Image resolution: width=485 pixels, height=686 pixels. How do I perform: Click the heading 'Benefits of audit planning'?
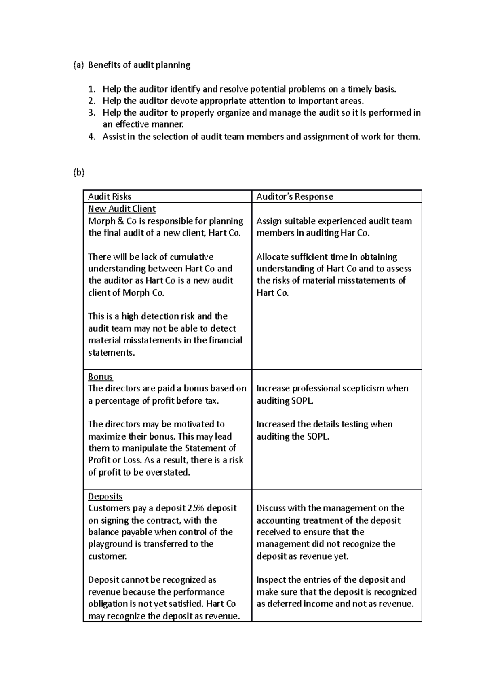(139, 65)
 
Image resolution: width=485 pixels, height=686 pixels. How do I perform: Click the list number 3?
(92, 113)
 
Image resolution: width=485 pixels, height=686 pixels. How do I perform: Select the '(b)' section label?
(79, 173)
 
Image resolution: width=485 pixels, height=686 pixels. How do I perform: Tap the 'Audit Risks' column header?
(110, 197)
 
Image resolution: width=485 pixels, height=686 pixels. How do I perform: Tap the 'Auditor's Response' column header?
(295, 197)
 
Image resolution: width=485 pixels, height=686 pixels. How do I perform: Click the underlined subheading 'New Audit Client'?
(122, 209)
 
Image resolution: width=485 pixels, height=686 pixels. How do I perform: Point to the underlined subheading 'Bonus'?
(100, 377)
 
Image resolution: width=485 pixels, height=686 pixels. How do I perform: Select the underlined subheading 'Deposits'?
(105, 496)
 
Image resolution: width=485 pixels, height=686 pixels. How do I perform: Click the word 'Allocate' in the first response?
(273, 257)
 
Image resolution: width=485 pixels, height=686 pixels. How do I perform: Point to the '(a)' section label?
(79, 65)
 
